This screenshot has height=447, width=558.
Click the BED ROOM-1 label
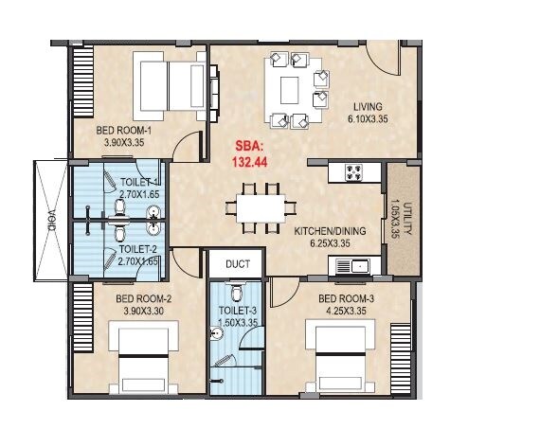[x=126, y=131]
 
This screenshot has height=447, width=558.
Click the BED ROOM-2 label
[x=143, y=297]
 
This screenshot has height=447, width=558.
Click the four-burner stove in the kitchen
[x=354, y=172]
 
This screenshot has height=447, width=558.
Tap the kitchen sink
[x=361, y=266]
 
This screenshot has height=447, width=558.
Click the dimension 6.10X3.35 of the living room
[x=369, y=118]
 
